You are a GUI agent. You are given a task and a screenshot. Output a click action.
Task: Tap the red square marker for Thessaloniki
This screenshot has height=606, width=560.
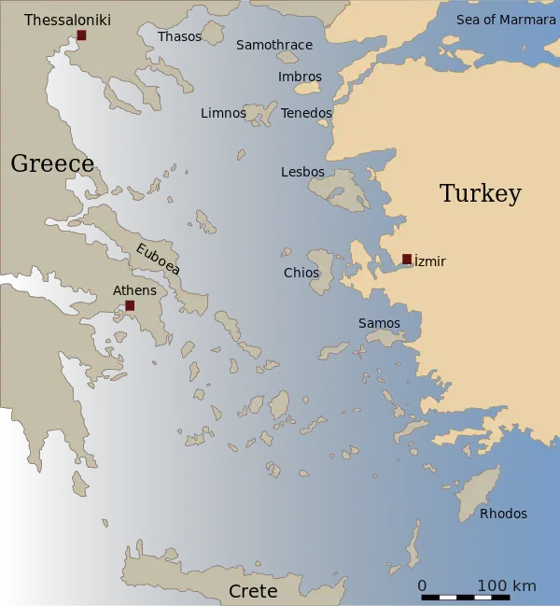(x=81, y=35)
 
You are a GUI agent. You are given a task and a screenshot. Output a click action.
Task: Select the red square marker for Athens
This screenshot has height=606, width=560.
(x=130, y=305)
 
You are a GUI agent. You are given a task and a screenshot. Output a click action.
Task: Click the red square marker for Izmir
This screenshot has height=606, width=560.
(x=407, y=259)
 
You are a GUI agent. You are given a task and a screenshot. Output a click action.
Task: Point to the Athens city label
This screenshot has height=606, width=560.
(x=134, y=290)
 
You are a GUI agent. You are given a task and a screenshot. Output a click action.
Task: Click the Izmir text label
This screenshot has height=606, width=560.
(x=429, y=262)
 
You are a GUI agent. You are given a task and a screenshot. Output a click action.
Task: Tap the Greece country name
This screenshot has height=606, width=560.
(x=52, y=164)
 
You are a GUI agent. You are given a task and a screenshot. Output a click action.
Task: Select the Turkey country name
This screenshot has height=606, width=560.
(x=480, y=194)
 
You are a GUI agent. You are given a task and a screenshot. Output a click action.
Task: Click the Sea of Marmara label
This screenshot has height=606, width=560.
(x=506, y=20)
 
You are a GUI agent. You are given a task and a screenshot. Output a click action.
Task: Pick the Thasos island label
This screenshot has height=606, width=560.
(x=179, y=36)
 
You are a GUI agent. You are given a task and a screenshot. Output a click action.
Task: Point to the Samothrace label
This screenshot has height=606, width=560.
(x=274, y=45)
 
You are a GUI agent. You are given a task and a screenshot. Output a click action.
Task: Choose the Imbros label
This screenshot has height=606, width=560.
(x=300, y=77)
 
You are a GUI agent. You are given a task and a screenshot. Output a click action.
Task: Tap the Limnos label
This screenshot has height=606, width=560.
(x=223, y=113)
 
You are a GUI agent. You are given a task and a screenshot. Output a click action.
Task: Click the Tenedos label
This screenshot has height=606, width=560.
(x=306, y=113)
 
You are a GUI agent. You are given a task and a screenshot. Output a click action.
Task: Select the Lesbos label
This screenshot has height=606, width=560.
(x=302, y=172)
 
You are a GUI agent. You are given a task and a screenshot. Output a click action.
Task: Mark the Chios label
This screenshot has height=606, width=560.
(x=301, y=273)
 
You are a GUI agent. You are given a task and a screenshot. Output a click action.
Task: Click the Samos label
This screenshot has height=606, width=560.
(x=379, y=323)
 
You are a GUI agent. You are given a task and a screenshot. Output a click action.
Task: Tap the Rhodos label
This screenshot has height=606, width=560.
(x=503, y=514)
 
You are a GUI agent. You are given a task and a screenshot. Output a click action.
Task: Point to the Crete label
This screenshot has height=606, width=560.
(x=253, y=591)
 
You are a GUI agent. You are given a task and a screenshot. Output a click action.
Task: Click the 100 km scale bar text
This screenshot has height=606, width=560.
(x=506, y=585)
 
